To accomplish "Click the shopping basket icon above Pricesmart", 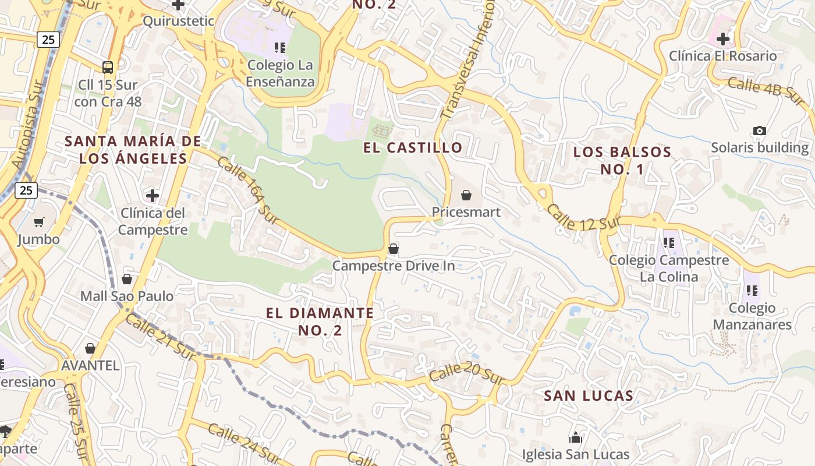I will (466, 195).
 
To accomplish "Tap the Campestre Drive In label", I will (394, 266).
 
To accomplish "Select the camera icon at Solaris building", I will (759, 130).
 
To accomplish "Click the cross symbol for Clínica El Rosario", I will (723, 39).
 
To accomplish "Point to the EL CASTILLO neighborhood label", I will (413, 147).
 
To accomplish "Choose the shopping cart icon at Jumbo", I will (39, 222).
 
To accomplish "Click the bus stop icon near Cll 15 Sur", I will (107, 67).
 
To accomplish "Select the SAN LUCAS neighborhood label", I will (588, 396).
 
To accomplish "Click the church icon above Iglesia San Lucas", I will (576, 437).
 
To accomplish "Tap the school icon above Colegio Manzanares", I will (752, 290).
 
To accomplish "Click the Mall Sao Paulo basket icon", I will (127, 279).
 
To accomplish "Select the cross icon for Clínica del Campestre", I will (153, 195).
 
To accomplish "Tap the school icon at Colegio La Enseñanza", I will (280, 47).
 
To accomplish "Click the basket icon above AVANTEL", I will (90, 348).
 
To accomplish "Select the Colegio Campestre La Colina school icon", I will (668, 242).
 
